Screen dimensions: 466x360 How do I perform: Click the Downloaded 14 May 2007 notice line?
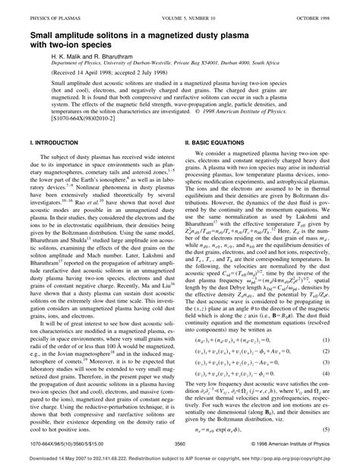(179, 461)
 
